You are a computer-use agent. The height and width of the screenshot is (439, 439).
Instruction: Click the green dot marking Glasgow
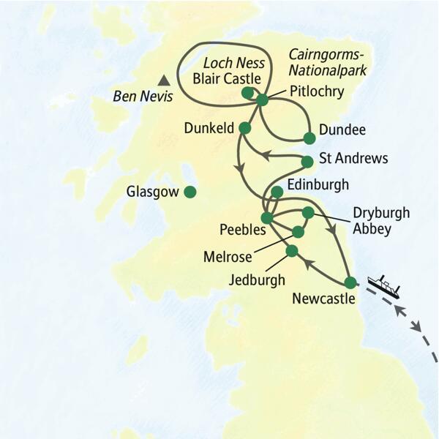pyautogui.click(x=190, y=192)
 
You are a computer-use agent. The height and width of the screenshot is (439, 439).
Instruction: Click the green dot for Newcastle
pyautogui.click(x=350, y=282)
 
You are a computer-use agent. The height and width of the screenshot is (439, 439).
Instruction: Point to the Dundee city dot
pyautogui.click(x=309, y=138)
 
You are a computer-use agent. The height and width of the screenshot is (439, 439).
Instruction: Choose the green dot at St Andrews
pyautogui.click(x=307, y=162)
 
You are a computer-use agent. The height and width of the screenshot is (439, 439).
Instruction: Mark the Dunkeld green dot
pyautogui.click(x=245, y=128)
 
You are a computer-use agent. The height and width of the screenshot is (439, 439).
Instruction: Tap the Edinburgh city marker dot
pyautogui.click(x=277, y=192)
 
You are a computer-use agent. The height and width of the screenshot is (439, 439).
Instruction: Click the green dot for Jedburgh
pyautogui.click(x=292, y=251)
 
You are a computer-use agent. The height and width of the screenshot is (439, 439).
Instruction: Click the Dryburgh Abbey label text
pyautogui.click(x=380, y=220)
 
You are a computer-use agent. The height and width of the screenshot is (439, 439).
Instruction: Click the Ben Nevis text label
pyautogui.click(x=137, y=96)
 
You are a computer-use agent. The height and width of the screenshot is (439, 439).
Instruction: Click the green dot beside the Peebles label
pyautogui.click(x=267, y=218)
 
